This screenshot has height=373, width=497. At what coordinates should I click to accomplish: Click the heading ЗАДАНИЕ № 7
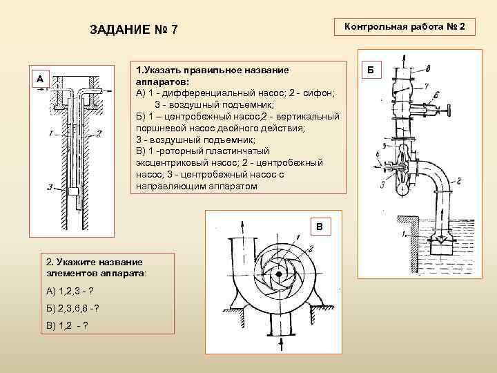tap(134, 30)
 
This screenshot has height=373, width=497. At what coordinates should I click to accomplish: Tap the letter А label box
tap(39, 79)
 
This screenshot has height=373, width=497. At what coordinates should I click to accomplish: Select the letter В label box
tap(319, 226)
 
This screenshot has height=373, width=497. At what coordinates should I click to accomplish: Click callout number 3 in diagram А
tap(50, 186)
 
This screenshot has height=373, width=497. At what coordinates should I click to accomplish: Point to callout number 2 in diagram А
tap(100, 133)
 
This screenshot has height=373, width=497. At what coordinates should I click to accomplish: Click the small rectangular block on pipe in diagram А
tap(72, 190)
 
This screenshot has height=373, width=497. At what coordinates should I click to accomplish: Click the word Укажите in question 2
tap(74, 262)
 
